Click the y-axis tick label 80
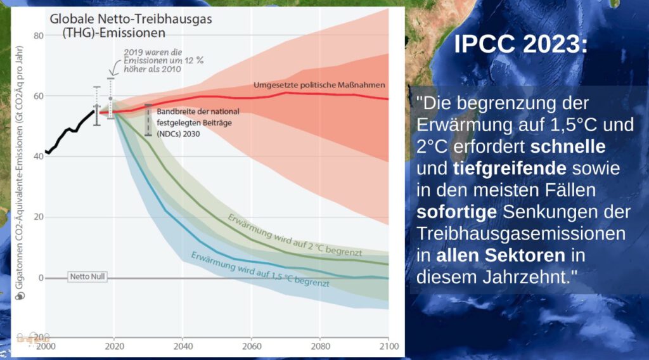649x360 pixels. pos(39,35)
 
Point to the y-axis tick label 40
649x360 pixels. pos(39,157)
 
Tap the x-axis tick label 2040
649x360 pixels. pos(183,346)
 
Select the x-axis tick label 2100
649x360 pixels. pos(389,346)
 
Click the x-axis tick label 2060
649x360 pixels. pos(252,346)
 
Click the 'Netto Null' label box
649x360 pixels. pos(87,276)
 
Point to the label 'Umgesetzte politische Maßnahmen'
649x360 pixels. pos(319,85)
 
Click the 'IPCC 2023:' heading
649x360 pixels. pos(521,44)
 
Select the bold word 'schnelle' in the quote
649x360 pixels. pos(568,146)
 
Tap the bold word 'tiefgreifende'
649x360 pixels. pos(510,169)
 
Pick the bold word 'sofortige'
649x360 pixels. pos(456,212)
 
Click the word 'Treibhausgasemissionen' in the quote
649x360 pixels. pos(521,233)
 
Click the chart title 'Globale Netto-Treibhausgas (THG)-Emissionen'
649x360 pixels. pos(131,25)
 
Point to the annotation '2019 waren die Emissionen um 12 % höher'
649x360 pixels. pos(163,61)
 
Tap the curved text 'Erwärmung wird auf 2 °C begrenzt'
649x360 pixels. pos(295,235)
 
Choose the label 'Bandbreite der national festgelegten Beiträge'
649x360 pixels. pos(198,122)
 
